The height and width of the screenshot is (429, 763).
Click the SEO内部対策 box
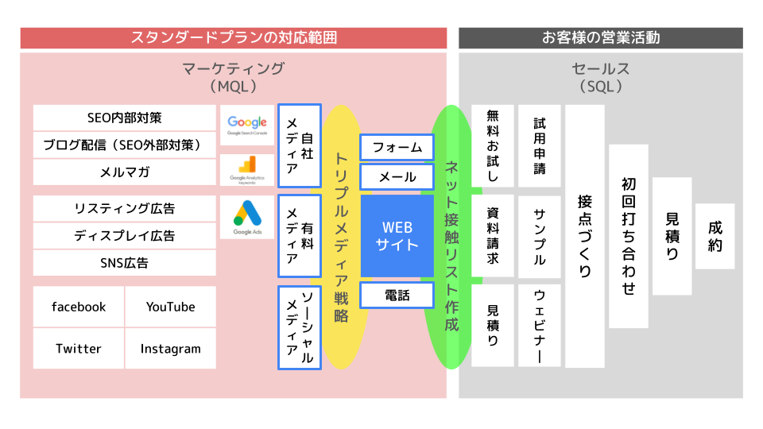125,118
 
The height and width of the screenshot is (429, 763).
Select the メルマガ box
125,172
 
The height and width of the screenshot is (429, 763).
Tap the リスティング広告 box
125,209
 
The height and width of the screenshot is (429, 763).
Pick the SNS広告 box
125,263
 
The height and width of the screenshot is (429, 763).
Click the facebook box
79,307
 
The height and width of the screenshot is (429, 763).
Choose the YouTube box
170,307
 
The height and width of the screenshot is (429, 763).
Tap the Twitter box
79,349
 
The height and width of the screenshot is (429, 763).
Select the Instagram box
170,349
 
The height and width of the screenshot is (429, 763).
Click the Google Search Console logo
247,125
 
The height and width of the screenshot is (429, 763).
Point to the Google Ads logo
247,217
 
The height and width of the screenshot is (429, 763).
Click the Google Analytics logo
247,169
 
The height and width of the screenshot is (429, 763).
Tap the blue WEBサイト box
397,235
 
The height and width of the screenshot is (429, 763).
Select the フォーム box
397,148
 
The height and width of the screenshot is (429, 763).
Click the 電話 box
397,296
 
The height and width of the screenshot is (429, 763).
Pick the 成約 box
715,236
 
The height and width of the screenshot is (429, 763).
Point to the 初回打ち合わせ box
629,236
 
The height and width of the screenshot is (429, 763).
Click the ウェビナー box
540,326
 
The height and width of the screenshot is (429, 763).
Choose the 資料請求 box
493,236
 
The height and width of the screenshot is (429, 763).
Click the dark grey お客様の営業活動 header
601,37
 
